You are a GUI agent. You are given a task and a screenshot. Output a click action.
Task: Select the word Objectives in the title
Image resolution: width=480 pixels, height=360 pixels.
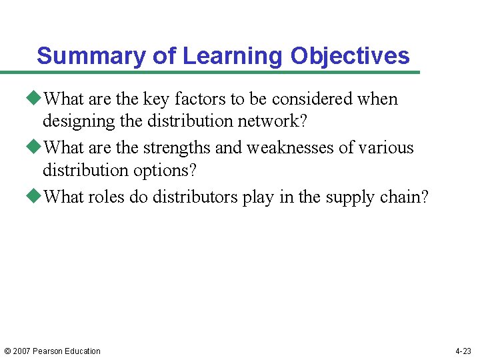pyautogui.click(x=350, y=56)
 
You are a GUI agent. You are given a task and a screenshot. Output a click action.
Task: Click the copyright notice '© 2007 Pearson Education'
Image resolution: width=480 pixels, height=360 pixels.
pyautogui.click(x=52, y=351)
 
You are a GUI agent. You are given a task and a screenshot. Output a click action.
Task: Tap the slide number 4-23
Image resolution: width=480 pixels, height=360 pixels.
pyautogui.click(x=463, y=351)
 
